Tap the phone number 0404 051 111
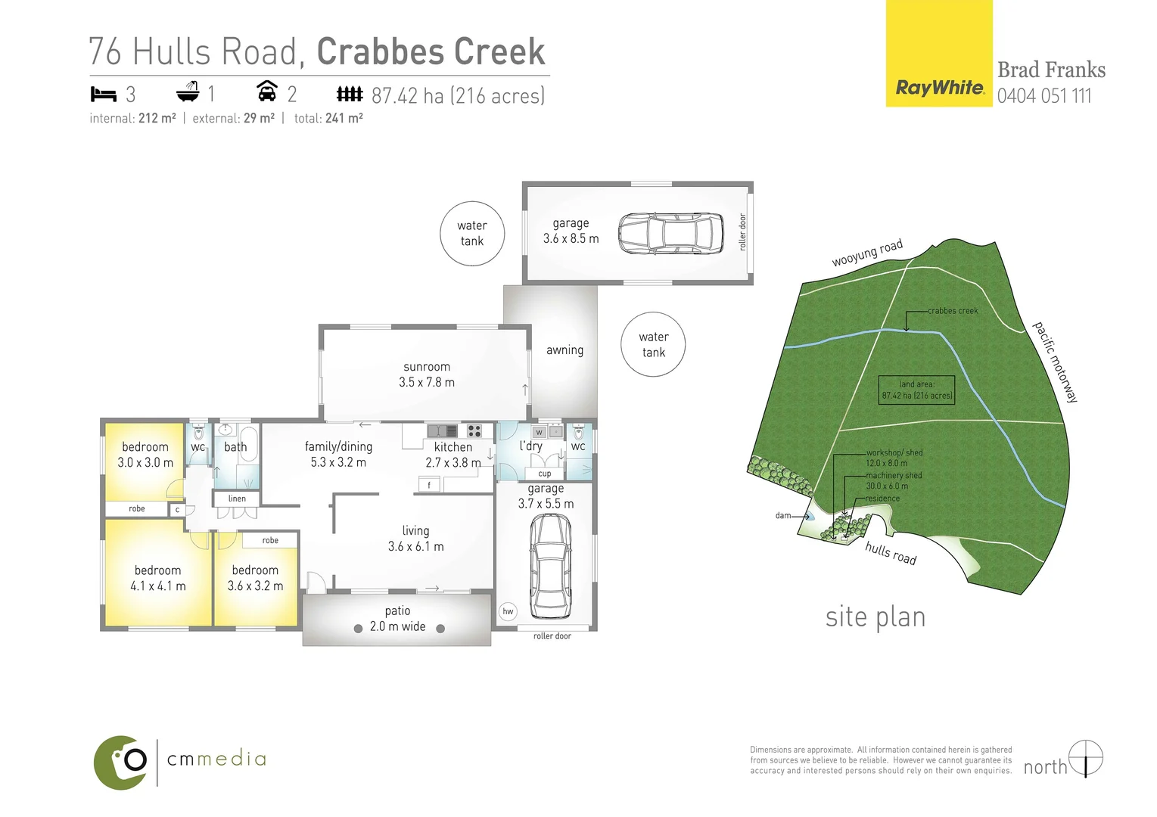pos(1043,96)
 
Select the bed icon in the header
pos(103,95)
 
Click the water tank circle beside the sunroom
pos(471,233)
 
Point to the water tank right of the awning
pos(653,344)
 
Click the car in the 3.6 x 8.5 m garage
pos(670,233)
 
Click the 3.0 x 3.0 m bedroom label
pos(145,455)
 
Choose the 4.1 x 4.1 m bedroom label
pos(157,578)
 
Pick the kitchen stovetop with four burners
pos(474,431)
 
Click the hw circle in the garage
pos(508,611)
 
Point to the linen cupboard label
pos(237,499)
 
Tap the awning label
pos(565,350)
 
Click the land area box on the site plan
pos(916,390)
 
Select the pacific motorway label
pos(1056,362)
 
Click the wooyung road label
pos(867,253)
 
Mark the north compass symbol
pos(1086,758)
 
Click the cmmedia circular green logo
pos(121,762)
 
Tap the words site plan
pos(876,617)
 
